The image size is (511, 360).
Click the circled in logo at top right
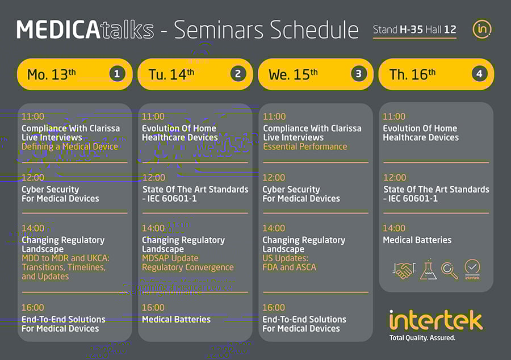[x=481, y=30]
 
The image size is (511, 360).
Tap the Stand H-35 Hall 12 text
[x=414, y=30]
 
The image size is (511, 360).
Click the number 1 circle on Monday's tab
[x=117, y=74]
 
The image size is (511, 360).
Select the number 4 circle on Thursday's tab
[x=479, y=74]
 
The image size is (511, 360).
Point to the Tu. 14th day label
[x=171, y=74]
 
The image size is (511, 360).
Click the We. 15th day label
[x=293, y=74]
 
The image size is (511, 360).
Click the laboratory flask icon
[x=428, y=269]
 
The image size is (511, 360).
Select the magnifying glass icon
[x=450, y=271]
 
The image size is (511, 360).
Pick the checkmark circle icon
[x=472, y=269]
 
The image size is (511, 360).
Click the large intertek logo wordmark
[x=435, y=320]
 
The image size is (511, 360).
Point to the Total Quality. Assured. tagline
[x=422, y=338]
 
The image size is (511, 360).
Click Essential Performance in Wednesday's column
[x=305, y=146]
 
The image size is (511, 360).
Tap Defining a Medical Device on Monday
[x=70, y=146]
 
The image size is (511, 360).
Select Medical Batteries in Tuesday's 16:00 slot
[x=177, y=319]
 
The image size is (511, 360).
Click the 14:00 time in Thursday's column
[x=394, y=228]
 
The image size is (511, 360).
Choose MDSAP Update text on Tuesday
[x=170, y=258]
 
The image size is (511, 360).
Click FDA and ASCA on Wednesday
[x=290, y=267]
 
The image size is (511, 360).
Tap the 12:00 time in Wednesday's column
[x=274, y=178]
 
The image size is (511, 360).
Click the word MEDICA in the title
[x=58, y=30]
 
